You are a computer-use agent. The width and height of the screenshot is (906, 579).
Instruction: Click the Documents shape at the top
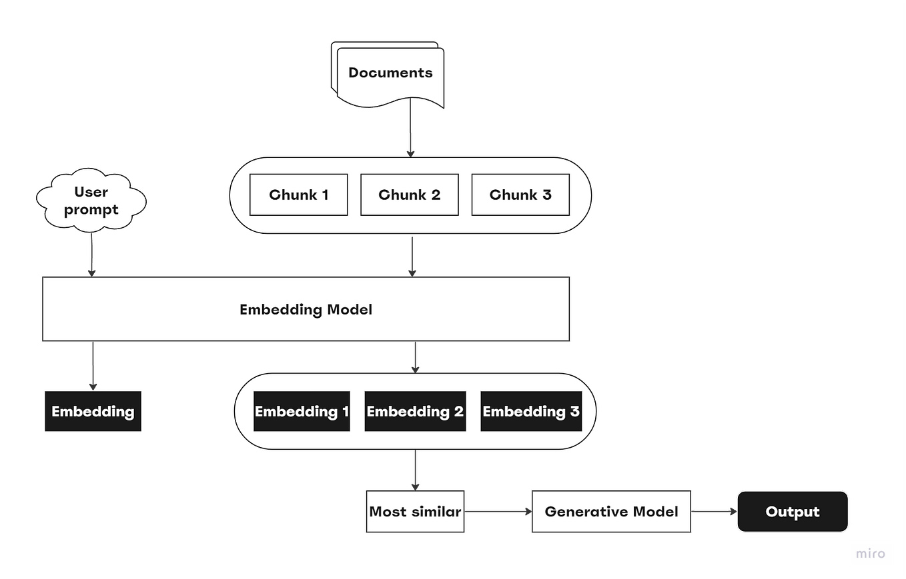click(x=390, y=73)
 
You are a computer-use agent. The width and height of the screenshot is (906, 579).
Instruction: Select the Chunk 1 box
click(x=298, y=195)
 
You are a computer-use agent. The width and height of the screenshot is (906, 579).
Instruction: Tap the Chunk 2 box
click(x=409, y=195)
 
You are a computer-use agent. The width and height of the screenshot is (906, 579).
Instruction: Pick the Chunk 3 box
click(x=520, y=195)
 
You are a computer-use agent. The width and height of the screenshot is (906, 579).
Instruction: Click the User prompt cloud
click(x=91, y=201)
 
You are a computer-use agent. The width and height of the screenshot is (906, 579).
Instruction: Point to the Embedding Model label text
click(x=306, y=310)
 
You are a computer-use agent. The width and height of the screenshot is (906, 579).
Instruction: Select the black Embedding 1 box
click(x=302, y=412)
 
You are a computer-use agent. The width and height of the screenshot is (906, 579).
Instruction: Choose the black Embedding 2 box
click(x=415, y=412)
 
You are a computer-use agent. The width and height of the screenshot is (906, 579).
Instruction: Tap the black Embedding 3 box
click(x=531, y=412)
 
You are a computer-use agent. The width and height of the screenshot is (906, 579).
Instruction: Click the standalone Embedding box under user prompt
click(x=93, y=412)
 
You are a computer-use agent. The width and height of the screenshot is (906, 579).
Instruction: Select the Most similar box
click(x=415, y=512)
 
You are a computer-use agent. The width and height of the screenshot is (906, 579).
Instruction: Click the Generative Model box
click(x=611, y=512)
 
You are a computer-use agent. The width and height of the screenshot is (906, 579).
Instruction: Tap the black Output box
click(x=792, y=512)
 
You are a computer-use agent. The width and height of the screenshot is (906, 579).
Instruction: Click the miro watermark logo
click(x=871, y=554)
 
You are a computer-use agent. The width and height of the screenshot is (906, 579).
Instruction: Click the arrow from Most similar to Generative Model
click(x=498, y=512)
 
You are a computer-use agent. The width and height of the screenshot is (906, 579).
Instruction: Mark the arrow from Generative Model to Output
click(x=713, y=512)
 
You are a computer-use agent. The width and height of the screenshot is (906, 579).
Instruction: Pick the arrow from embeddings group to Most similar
click(x=416, y=470)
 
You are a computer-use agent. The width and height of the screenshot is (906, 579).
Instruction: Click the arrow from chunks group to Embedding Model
click(x=412, y=255)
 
